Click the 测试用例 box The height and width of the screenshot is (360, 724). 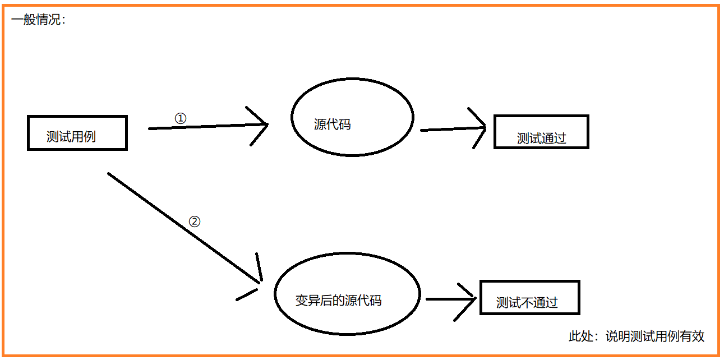pyautogui.click(x=77, y=133)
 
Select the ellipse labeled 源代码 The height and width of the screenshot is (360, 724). pyautogui.click(x=352, y=117)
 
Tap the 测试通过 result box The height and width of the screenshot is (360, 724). pyautogui.click(x=541, y=132)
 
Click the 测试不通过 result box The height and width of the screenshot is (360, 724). pyautogui.click(x=529, y=298)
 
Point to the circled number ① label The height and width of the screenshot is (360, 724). pyautogui.click(x=181, y=118)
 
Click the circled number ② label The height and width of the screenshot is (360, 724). pyautogui.click(x=194, y=221)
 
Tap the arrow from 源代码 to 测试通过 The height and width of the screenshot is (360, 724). pyautogui.click(x=449, y=129)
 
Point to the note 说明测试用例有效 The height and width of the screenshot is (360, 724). pyautogui.click(x=654, y=336)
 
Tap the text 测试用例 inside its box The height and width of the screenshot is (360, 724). pyautogui.click(x=71, y=137)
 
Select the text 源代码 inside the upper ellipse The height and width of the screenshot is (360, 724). pyautogui.click(x=333, y=124)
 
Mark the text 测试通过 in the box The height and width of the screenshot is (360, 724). pyautogui.click(x=542, y=139)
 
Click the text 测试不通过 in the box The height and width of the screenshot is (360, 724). pyautogui.click(x=527, y=303)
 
